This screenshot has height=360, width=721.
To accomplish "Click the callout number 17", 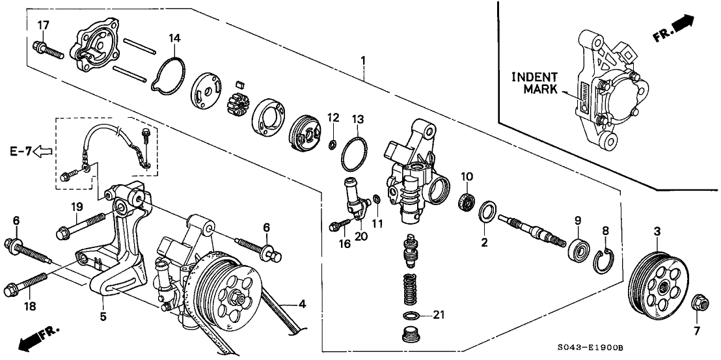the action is point(43,25).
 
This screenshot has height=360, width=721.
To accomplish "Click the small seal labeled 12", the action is point(331,146).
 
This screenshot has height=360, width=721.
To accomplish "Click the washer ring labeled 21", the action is point(411,316).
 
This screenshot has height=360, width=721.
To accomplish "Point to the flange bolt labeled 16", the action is point(340,225).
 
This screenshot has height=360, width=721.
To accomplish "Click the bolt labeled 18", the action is point(25,284).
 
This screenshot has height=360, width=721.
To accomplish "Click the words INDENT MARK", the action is point(534,83).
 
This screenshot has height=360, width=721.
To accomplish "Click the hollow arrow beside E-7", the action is point(43,150).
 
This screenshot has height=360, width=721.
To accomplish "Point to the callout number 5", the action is point(103,316).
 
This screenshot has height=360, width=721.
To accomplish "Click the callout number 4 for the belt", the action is point(302,304).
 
